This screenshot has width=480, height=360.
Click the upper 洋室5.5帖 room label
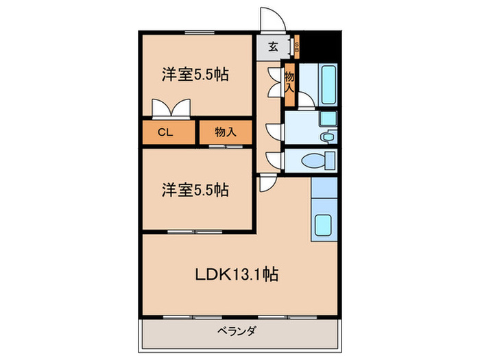pyautogui.click(x=195, y=75)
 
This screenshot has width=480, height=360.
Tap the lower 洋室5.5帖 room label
pyautogui.click(x=195, y=190)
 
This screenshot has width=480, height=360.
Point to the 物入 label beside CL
pyautogui.click(x=226, y=132)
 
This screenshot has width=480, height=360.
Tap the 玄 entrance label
pyautogui.click(x=273, y=47)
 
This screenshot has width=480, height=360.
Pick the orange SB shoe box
pyautogui.click(x=296, y=47)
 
